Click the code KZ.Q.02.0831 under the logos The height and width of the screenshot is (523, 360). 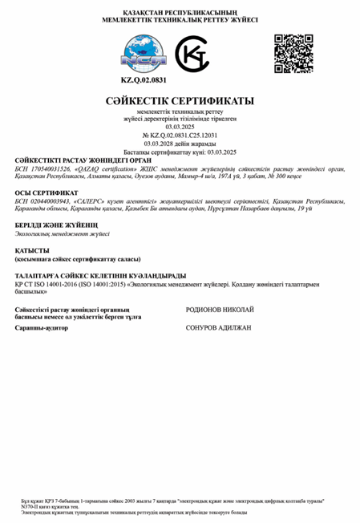coord(144,81)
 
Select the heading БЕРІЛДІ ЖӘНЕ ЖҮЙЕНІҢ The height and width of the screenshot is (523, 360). coord(56,225)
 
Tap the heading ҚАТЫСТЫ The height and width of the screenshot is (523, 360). coord(32,250)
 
